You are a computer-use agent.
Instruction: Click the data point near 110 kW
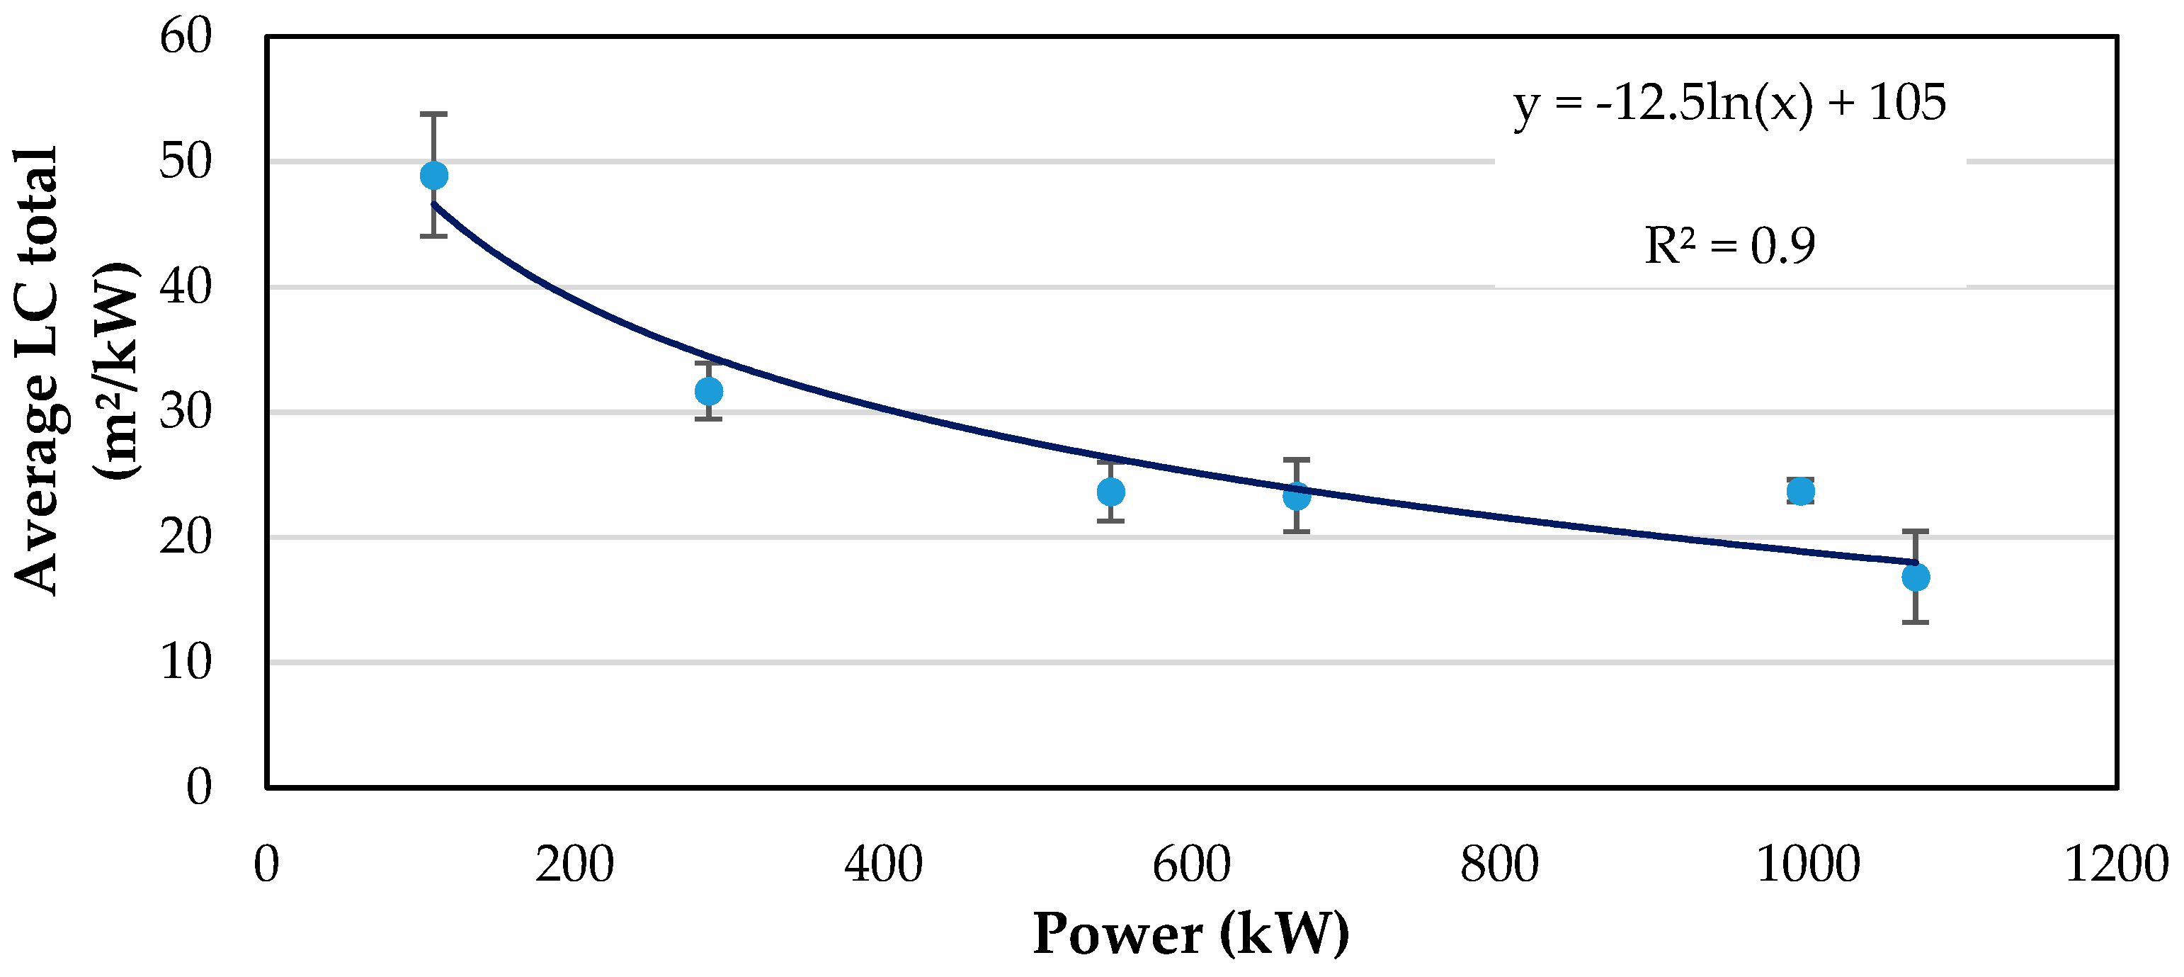tap(434, 176)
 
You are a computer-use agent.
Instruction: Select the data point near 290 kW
tap(709, 391)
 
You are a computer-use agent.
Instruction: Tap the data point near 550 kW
tap(1110, 491)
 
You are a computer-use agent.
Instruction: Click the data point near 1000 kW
tap(1801, 490)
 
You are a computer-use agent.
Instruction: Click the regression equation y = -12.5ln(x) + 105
tap(1729, 104)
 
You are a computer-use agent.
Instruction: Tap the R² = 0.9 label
tap(1729, 246)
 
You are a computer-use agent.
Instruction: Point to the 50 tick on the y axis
tap(185, 161)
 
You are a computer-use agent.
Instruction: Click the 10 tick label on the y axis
tap(185, 662)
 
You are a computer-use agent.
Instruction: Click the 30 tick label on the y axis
tap(185, 412)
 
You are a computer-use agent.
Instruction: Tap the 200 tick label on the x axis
tap(574, 865)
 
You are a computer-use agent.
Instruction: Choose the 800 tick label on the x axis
tap(1499, 865)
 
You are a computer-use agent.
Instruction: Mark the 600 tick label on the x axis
tap(1191, 865)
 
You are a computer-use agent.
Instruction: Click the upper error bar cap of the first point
tap(434, 113)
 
